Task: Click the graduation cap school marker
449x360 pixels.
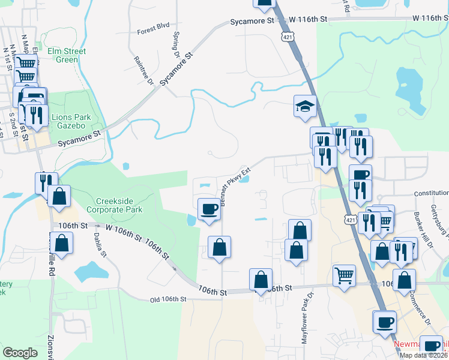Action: coord(305,107)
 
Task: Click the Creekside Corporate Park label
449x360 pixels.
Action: coord(114,205)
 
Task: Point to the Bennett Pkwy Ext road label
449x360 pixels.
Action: coord(234,187)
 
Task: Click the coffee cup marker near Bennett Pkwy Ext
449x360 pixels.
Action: coord(209,209)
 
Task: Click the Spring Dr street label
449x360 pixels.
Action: coord(176,46)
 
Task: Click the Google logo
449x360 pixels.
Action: coord(20,352)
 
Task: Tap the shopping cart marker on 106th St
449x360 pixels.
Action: coord(344,275)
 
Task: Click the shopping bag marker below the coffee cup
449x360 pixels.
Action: coord(220,247)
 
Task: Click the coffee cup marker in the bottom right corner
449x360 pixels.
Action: coord(432,346)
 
